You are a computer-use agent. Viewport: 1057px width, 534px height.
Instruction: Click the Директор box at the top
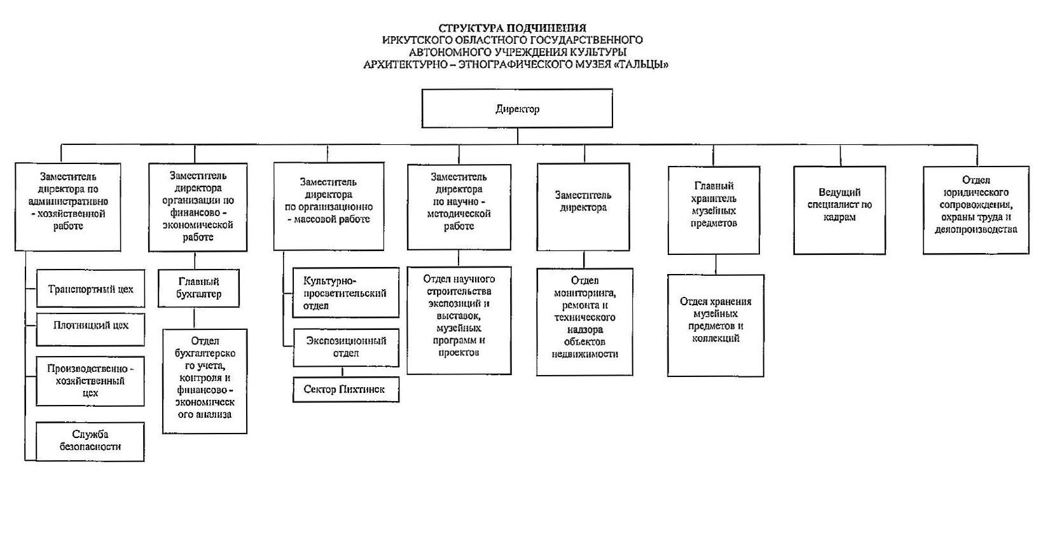click(x=517, y=109)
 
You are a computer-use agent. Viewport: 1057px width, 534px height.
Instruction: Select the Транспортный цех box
click(x=90, y=289)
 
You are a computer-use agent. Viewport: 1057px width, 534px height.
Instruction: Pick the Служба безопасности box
click(x=90, y=441)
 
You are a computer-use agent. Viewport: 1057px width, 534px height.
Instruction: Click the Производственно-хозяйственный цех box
click(x=90, y=381)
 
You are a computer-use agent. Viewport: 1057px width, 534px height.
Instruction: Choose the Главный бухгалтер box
click(x=198, y=288)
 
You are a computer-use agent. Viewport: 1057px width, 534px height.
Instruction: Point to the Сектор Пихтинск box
click(x=345, y=389)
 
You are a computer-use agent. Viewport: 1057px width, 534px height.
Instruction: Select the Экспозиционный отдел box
click(x=345, y=347)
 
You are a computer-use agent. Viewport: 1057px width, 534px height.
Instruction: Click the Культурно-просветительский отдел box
click(x=345, y=293)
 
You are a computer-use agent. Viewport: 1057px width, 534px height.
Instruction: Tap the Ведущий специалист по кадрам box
click(x=839, y=210)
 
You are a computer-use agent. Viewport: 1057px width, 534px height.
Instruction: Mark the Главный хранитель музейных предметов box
click(x=714, y=210)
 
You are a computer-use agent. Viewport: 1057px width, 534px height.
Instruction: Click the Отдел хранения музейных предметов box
click(x=715, y=325)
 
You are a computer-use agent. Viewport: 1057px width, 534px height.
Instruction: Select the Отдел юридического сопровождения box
click(x=976, y=210)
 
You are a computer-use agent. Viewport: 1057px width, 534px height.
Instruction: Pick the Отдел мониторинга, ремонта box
click(x=584, y=322)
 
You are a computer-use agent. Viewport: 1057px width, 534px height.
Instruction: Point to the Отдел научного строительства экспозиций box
click(x=459, y=320)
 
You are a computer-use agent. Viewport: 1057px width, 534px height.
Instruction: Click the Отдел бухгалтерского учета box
click(x=204, y=381)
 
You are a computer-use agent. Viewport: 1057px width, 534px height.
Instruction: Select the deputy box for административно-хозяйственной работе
click(x=68, y=207)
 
